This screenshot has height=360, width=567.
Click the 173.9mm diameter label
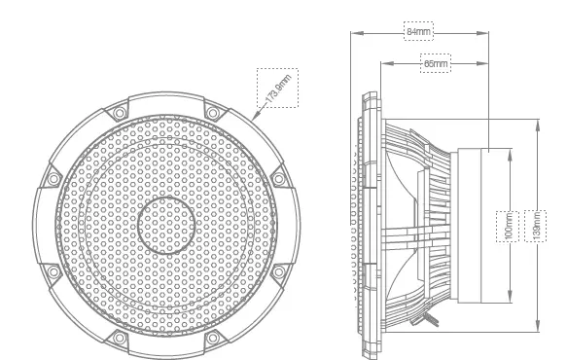click(x=278, y=88)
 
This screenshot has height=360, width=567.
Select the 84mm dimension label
click(x=418, y=31)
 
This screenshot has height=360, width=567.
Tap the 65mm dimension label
click(x=436, y=63)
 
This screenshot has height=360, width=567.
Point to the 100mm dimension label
click(x=508, y=226)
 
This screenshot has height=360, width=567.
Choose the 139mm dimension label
click(x=536, y=226)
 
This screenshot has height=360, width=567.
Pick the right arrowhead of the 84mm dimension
click(x=482, y=33)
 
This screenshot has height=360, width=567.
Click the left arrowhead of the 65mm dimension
click(x=387, y=63)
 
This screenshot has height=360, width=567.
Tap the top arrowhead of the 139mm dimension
click(x=538, y=126)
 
